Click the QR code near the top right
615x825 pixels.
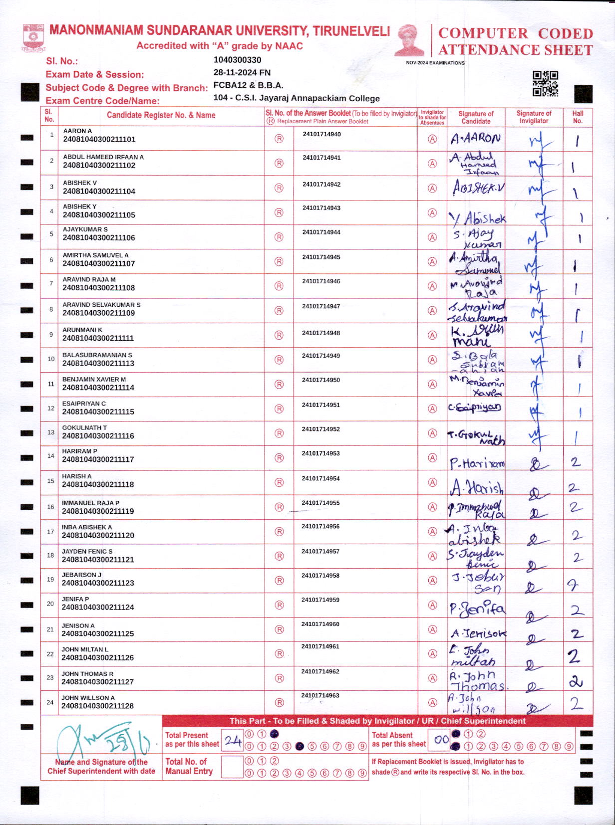pyautogui.click(x=545, y=83)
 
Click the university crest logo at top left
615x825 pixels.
pyautogui.click(x=34, y=38)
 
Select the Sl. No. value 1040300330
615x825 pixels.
pyautogui.click(x=237, y=60)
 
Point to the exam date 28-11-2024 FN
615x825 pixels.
pyautogui.click(x=242, y=72)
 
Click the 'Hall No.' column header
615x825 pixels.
pyautogui.click(x=578, y=117)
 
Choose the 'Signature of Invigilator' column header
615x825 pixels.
pyautogui.click(x=534, y=117)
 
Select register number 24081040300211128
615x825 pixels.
pyautogui.click(x=97, y=706)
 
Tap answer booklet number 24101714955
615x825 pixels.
pyautogui.click(x=320, y=503)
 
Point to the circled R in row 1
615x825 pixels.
pyautogui.click(x=279, y=139)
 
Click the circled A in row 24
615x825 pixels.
pyautogui.click(x=432, y=702)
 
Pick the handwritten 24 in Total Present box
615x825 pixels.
pyautogui.click(x=233, y=741)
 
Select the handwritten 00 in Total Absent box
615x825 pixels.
pyautogui.click(x=441, y=740)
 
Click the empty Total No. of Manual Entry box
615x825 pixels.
pyautogui.click(x=232, y=767)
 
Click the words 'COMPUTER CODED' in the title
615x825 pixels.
pyautogui.click(x=515, y=33)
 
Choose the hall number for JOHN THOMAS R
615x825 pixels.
pyautogui.click(x=576, y=681)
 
